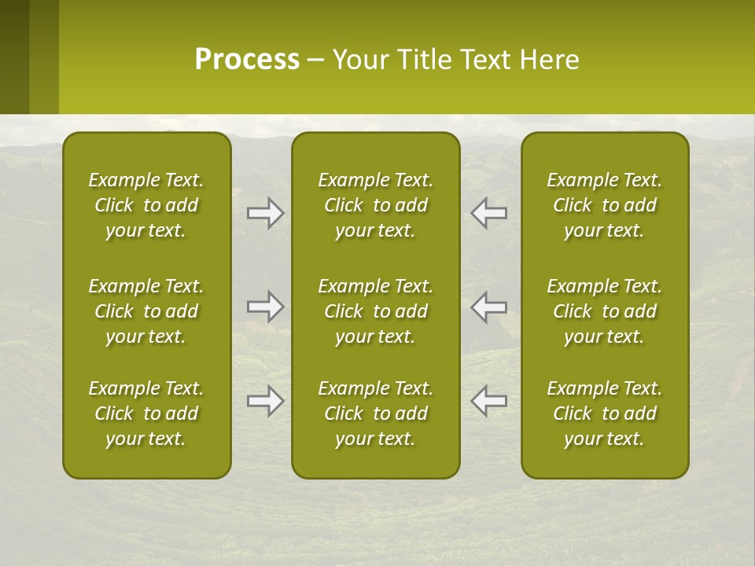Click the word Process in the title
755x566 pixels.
247,60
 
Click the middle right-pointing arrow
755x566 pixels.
266,307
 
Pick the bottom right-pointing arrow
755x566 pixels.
266,401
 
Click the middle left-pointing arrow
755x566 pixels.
488,307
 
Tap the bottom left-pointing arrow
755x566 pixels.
488,401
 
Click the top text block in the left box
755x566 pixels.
146,205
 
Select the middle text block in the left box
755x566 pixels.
146,311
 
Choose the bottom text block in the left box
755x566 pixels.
146,413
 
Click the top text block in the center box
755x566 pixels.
376,205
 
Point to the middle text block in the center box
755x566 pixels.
376,311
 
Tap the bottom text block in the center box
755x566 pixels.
376,413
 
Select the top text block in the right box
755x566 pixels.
605,205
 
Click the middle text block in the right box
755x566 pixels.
605,311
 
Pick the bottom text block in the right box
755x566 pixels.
605,413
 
